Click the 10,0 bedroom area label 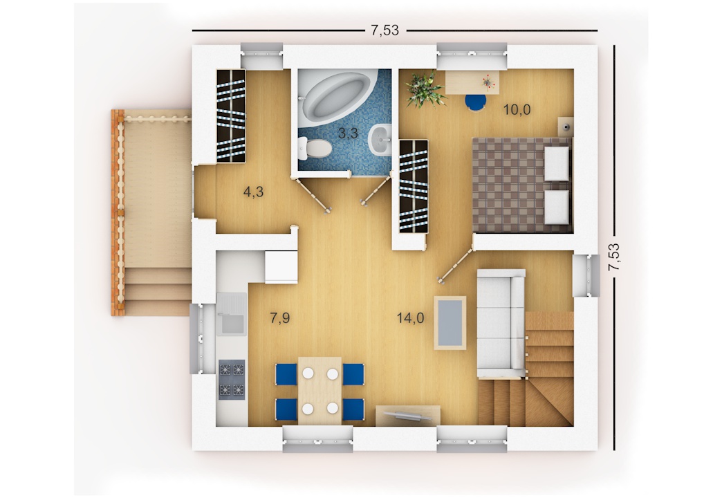[x=517, y=110]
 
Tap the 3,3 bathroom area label [x=348, y=133]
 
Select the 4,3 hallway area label [x=253, y=192]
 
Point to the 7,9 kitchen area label [x=280, y=318]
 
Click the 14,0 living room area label [x=410, y=318]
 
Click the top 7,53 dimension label [x=385, y=30]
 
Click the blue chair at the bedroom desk [x=474, y=102]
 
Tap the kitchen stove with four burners [x=232, y=379]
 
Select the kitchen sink [x=232, y=313]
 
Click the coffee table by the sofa [x=450, y=321]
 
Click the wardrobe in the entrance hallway [x=231, y=116]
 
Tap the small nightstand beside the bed [x=565, y=124]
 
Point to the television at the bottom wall [x=407, y=415]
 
